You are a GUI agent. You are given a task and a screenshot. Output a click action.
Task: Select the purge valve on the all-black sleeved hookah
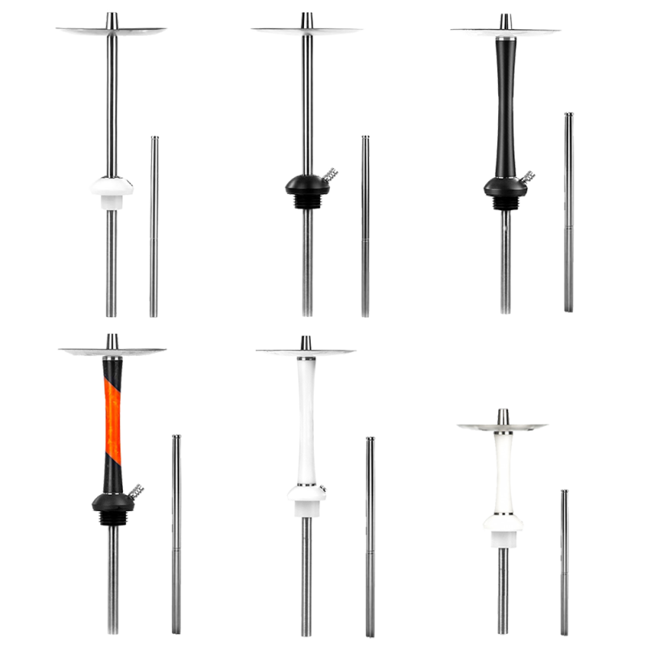(527, 175)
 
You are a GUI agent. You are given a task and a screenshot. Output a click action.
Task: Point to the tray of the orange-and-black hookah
(112, 351)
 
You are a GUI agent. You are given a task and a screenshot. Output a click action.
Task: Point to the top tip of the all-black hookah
(505, 18)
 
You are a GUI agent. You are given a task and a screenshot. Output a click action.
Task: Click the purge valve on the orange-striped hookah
(135, 488)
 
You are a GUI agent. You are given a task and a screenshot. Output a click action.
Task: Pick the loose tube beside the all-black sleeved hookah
(569, 210)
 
